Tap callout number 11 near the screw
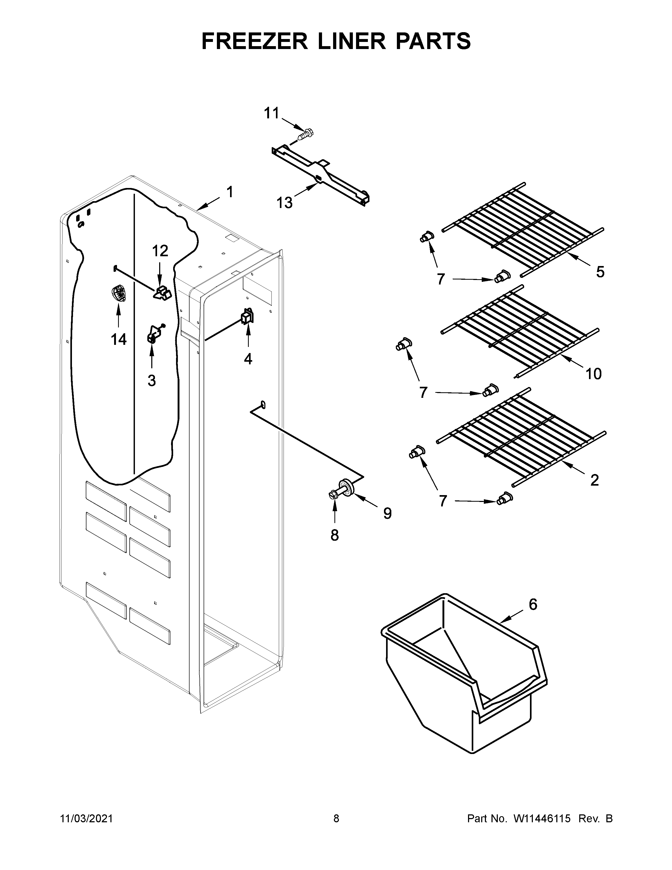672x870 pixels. [x=272, y=114]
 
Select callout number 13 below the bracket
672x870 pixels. [x=285, y=203]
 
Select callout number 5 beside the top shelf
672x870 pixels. [x=600, y=272]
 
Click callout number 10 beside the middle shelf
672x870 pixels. [x=593, y=374]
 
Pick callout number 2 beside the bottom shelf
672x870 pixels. [x=594, y=480]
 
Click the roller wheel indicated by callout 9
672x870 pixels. [x=348, y=488]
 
